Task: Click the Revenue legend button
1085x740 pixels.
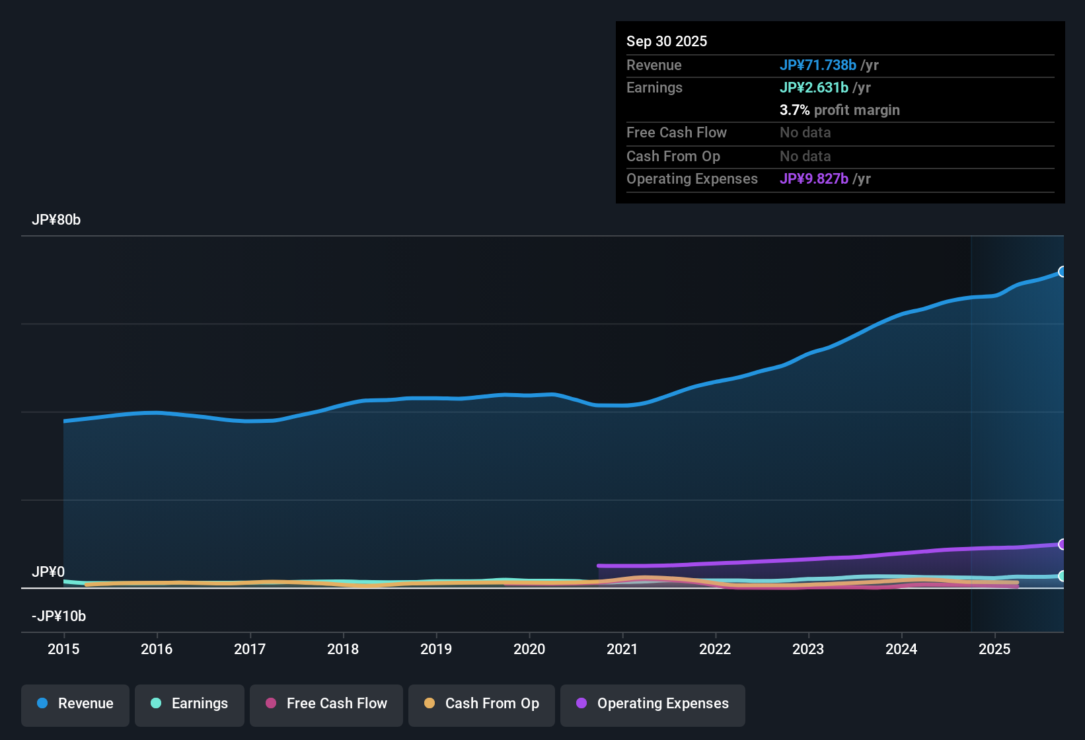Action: pyautogui.click(x=75, y=704)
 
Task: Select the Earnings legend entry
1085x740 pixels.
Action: pyautogui.click(x=190, y=704)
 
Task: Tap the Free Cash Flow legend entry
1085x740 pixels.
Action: pyautogui.click(x=326, y=704)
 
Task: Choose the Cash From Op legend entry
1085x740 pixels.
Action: pyautogui.click(x=482, y=704)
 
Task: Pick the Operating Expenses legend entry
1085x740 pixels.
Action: pyautogui.click(x=653, y=704)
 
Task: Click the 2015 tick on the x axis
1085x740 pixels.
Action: pyautogui.click(x=63, y=649)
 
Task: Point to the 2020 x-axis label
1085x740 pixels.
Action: pyautogui.click(x=529, y=649)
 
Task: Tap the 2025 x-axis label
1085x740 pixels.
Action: pyautogui.click(x=994, y=649)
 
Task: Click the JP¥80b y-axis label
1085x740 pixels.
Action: pyautogui.click(x=56, y=220)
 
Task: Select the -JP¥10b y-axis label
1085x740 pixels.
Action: pyautogui.click(x=59, y=616)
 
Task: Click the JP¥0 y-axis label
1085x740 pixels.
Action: pyautogui.click(x=48, y=572)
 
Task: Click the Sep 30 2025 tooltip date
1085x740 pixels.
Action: pyautogui.click(x=667, y=41)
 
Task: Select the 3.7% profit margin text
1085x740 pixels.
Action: pyautogui.click(x=839, y=110)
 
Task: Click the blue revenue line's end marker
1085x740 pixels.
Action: pyautogui.click(x=1063, y=272)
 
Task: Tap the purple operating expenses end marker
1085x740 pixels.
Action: pyautogui.click(x=1063, y=544)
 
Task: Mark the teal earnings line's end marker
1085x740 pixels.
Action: pyautogui.click(x=1063, y=576)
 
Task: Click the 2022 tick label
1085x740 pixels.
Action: pyautogui.click(x=715, y=649)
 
